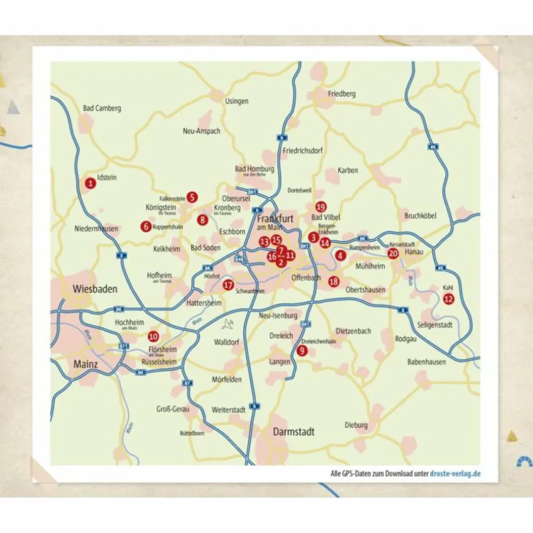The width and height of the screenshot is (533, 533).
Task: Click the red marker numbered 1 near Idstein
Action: pyautogui.click(x=90, y=184)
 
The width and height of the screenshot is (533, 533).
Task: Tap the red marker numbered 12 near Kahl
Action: pyautogui.click(x=448, y=298)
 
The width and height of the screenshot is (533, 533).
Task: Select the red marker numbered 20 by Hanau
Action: pyautogui.click(x=393, y=253)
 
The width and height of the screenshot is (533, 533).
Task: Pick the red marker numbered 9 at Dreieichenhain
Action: pyautogui.click(x=302, y=350)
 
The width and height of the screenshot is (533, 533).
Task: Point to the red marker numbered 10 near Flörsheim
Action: pyautogui.click(x=153, y=336)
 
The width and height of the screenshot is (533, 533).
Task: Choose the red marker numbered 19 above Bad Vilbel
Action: pyautogui.click(x=320, y=207)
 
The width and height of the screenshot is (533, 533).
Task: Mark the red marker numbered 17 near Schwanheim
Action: pyautogui.click(x=228, y=284)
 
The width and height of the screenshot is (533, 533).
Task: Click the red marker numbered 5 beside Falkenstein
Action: pyautogui.click(x=191, y=197)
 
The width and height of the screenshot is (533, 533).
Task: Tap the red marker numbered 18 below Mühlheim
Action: pyautogui.click(x=334, y=281)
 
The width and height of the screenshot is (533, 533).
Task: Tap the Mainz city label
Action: pyautogui.click(x=86, y=365)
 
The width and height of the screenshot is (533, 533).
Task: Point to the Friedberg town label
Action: pyautogui.click(x=342, y=94)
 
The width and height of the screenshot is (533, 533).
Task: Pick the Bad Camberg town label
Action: pyautogui.click(x=102, y=108)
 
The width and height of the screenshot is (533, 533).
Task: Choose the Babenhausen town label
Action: pyautogui.click(x=426, y=362)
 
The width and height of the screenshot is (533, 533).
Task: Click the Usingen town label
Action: pyautogui.click(x=237, y=101)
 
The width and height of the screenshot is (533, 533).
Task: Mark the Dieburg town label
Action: pyautogui.click(x=356, y=425)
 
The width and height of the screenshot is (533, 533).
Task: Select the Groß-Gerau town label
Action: pyautogui.click(x=172, y=409)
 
